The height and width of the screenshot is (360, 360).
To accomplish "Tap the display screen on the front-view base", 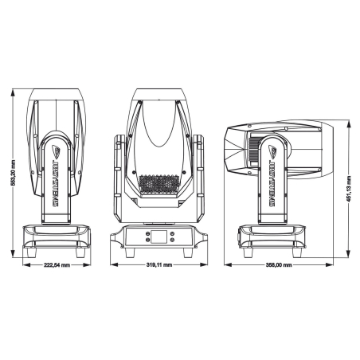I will click(x=161, y=236).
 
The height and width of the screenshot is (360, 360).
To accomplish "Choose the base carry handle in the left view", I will click(x=53, y=233).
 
